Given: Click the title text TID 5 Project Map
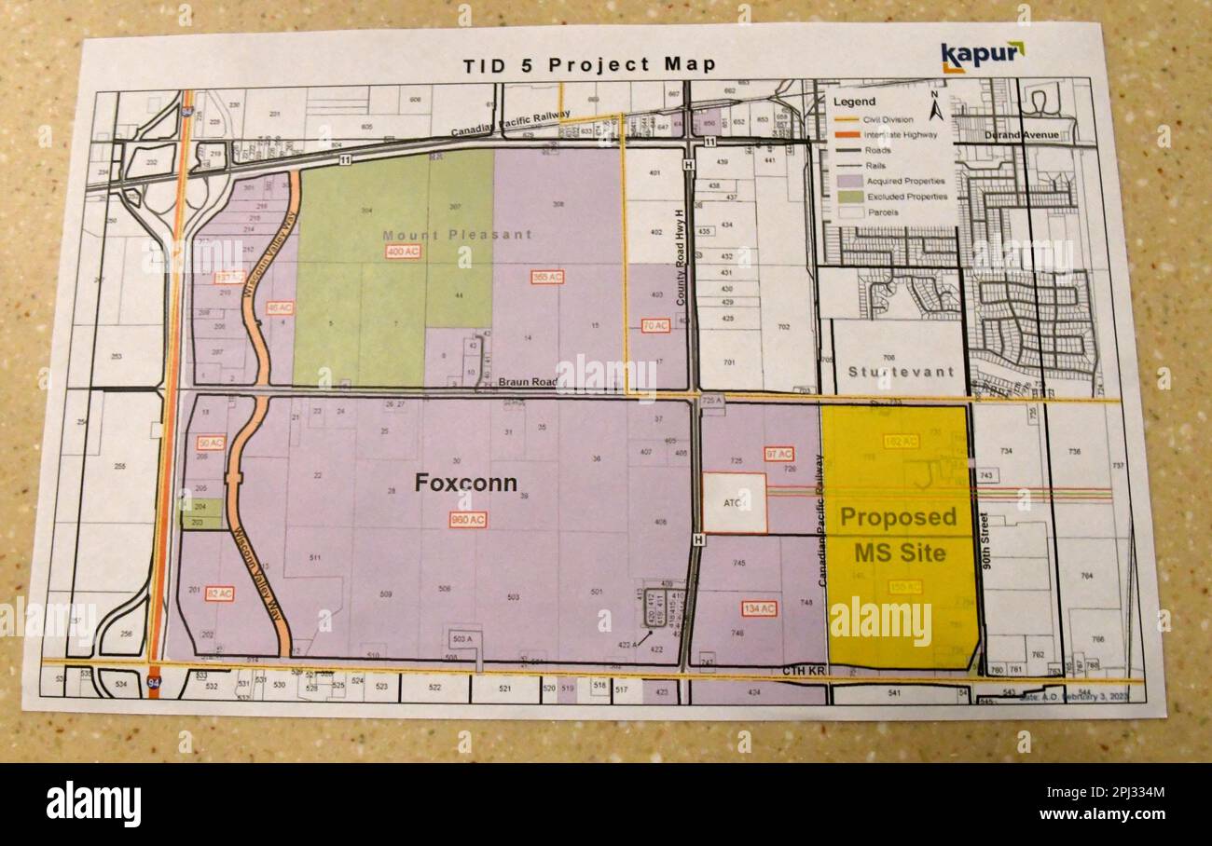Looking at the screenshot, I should point(589,64).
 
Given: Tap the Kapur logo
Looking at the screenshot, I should point(981,56).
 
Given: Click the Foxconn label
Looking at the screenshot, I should point(465,483).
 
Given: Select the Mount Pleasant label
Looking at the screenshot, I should point(457,234).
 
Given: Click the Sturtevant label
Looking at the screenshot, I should point(900,371).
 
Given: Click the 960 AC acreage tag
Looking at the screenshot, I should point(467,519).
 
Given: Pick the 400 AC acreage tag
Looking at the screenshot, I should point(403,252).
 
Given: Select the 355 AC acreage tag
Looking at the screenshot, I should point(547,277).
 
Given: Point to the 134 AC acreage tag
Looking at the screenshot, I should point(760,608).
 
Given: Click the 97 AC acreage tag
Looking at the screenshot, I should point(778,454).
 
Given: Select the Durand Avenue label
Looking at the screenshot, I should point(1021,135).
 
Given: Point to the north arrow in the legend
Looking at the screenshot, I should point(937,110).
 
